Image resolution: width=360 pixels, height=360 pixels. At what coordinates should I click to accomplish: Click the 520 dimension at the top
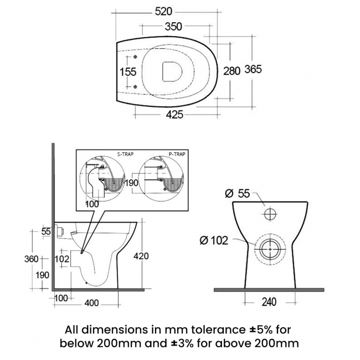click(171, 12)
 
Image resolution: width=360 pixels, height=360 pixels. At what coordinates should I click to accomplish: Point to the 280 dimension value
click(232, 70)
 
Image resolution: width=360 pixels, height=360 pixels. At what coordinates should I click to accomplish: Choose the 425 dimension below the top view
click(174, 115)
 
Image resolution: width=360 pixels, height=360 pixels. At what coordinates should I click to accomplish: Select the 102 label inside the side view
click(63, 258)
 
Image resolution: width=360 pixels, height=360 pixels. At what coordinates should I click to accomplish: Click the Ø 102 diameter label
click(215, 240)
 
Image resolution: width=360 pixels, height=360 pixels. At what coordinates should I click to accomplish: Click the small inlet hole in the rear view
click(269, 214)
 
